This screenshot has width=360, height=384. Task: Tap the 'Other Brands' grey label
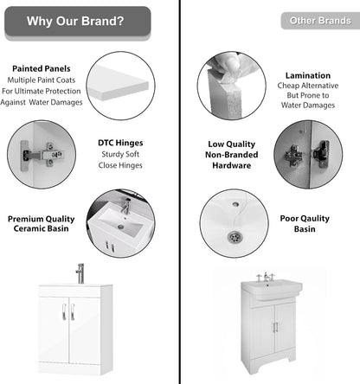[x=319, y=20]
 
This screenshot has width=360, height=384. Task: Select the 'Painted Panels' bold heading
[x=41, y=67]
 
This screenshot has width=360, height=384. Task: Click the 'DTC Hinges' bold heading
[x=120, y=143]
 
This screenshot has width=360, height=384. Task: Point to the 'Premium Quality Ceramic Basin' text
[x=42, y=224]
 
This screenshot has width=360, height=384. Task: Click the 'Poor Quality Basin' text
[x=310, y=226]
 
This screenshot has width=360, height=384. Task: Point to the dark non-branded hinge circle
[x=307, y=156]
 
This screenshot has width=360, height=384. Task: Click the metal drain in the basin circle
[x=234, y=236]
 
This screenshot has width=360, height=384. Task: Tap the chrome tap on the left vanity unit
[x=80, y=272]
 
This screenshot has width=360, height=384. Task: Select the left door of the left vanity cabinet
[x=55, y=330]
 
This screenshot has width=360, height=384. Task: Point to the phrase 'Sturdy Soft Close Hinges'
[x=120, y=159]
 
